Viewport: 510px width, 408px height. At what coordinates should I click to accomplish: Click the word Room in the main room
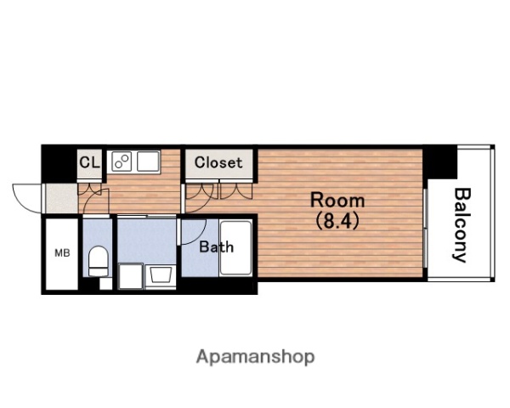pos(337,201)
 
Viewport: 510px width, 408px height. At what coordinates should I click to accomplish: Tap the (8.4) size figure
pos(337,221)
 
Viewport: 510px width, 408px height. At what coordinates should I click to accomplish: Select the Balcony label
pos(462,225)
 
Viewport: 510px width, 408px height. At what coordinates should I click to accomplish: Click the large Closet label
pos(218,162)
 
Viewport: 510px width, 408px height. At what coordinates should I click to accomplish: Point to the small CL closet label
pos(89,161)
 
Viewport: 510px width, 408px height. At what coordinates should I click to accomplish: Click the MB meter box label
pos(62,252)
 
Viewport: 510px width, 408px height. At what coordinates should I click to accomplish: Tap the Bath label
pos(216,247)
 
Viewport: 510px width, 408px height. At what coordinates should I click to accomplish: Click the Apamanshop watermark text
pos(255,357)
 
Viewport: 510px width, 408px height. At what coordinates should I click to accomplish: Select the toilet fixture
pos(98,261)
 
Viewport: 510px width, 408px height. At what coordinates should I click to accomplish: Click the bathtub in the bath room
pos(235,248)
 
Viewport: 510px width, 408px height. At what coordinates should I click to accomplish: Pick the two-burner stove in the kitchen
pos(122,161)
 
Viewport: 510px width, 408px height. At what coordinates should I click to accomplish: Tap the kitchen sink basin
pos(148,161)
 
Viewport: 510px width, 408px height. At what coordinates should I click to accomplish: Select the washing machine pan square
pos(130,276)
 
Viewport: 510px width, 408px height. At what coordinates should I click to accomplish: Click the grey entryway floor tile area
pos(62,198)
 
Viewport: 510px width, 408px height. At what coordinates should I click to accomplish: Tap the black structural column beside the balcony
pos(440,162)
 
